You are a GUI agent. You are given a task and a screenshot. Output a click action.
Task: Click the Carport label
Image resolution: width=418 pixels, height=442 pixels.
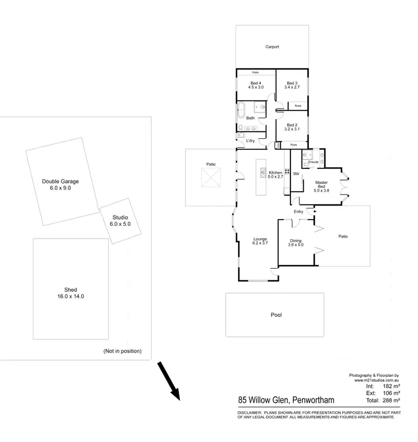(272, 47)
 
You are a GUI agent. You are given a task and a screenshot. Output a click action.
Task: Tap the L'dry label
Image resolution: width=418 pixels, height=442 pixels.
(250, 140)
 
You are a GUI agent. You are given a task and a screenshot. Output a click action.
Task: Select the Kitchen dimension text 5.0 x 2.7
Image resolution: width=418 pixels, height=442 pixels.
(276, 177)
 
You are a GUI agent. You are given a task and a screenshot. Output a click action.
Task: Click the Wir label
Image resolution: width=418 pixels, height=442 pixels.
(297, 173)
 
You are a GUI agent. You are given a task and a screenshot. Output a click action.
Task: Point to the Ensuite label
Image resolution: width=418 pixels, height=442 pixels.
(313, 162)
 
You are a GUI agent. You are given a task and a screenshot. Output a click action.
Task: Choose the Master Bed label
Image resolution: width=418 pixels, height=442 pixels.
(322, 184)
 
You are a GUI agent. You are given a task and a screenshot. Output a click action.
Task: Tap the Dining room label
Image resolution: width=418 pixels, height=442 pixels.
(295, 241)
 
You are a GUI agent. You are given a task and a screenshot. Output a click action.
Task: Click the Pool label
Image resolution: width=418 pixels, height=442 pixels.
(276, 315)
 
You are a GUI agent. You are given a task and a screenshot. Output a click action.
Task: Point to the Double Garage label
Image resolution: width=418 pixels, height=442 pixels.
(60, 182)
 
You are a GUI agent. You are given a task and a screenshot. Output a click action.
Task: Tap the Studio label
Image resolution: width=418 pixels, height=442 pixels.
(120, 217)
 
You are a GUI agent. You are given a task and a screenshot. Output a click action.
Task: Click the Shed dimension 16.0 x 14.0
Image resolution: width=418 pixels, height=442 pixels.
(70, 297)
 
